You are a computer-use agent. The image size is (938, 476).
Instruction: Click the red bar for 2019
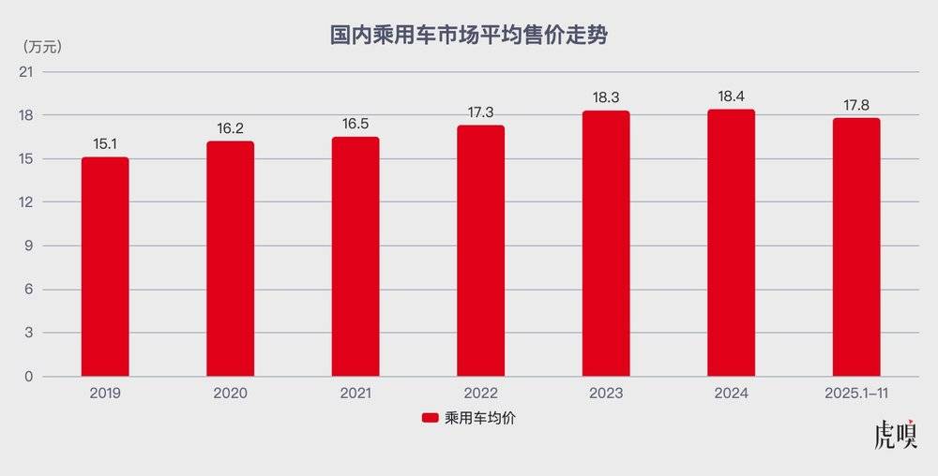pos(105,267)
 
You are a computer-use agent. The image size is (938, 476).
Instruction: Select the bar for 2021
pos(356,257)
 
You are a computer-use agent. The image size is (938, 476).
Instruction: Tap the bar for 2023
pos(606,244)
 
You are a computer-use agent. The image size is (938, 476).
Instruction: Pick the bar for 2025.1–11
pos(856,247)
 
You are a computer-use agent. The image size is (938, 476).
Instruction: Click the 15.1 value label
pos(105,143)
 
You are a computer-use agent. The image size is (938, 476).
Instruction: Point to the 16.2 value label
pos(230,127)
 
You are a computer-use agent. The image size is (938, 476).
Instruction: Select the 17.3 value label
pos(480,112)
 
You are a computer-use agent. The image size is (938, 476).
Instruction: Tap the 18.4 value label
pos(731,97)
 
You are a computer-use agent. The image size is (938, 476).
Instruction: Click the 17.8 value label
pos(856,105)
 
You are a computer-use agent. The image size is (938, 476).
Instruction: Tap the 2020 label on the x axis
pos(230,394)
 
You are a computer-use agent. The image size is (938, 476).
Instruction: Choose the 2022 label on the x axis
pos(480,394)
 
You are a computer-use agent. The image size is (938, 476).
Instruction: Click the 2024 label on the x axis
pos(731,394)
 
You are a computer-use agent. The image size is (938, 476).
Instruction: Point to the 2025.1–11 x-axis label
pos(856,394)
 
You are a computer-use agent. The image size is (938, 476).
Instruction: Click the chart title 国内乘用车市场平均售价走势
pos(469,37)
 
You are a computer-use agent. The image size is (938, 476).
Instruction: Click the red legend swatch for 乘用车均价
pos(431,419)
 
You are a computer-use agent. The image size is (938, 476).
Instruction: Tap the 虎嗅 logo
pos(896,436)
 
